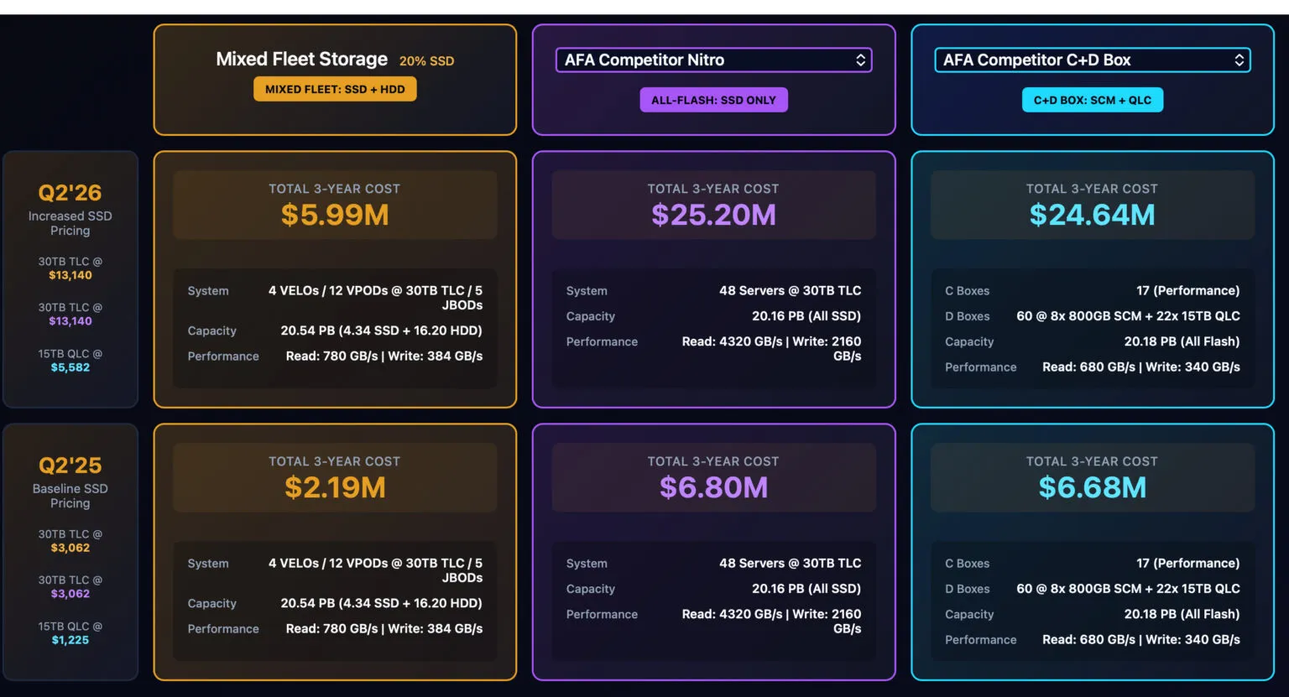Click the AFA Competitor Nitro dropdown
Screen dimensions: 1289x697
pyautogui.click(x=713, y=60)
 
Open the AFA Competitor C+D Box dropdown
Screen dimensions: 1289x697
pyautogui.click(x=1092, y=60)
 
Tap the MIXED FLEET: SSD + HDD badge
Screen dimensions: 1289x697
pyautogui.click(x=335, y=89)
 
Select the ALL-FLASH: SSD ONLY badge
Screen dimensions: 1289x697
pyautogui.click(x=713, y=100)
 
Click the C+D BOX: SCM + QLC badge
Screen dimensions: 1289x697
pyautogui.click(x=1092, y=100)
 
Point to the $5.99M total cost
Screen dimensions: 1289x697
pyautogui.click(x=335, y=215)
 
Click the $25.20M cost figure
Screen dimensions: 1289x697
pyautogui.click(x=713, y=215)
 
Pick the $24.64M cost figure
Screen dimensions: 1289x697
pyautogui.click(x=1092, y=215)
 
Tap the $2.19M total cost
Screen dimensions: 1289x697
pyautogui.click(x=335, y=487)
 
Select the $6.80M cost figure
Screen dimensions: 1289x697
pyautogui.click(x=713, y=487)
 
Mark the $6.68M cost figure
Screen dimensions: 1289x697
pyautogui.click(x=1092, y=487)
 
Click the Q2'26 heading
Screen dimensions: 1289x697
pyautogui.click(x=70, y=193)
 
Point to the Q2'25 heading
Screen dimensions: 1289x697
pyautogui.click(x=70, y=466)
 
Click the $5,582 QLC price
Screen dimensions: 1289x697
pyautogui.click(x=70, y=367)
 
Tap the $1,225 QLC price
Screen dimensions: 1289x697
pyautogui.click(x=70, y=640)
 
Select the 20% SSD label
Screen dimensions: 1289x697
pyautogui.click(x=426, y=61)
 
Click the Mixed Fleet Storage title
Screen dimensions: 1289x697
pyautogui.click(x=301, y=60)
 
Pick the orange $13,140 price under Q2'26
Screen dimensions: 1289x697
pyautogui.click(x=70, y=275)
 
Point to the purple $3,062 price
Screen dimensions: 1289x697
pyautogui.click(x=70, y=594)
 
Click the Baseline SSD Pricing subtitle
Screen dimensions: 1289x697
pyautogui.click(x=70, y=496)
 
